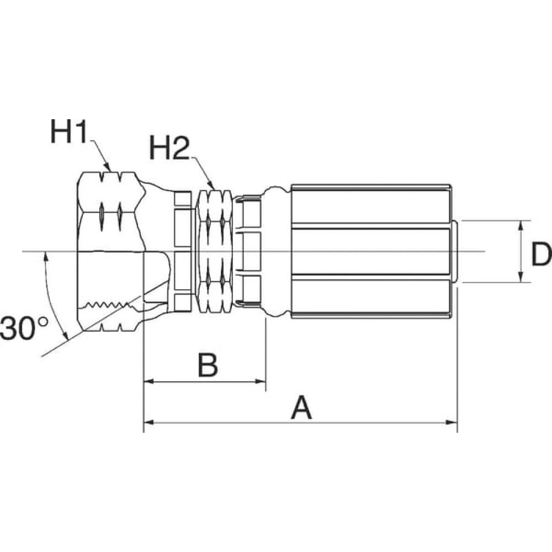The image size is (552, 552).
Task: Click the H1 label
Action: (68, 132)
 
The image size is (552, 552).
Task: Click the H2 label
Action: (169, 147)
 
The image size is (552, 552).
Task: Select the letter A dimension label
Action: (301, 407)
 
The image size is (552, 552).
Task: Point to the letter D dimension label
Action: (542, 254)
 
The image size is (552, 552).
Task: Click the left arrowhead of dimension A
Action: (149, 422)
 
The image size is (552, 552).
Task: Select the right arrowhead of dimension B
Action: (260, 381)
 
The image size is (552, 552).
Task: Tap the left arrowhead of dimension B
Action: (149, 381)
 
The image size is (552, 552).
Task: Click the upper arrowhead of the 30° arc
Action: (45, 257)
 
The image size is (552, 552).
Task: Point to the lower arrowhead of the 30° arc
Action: (65, 336)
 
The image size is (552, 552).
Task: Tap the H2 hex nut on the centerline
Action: (215, 251)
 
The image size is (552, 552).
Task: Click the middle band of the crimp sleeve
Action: (371, 251)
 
